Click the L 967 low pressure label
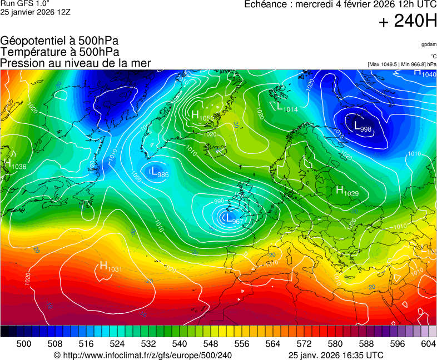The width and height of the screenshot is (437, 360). (233, 219)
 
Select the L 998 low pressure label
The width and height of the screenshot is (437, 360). (362, 127)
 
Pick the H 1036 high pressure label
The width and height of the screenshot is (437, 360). (14, 165)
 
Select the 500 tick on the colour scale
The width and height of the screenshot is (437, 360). (24, 344)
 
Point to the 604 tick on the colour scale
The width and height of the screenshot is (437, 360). (428, 344)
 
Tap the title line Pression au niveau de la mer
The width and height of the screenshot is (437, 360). (76, 63)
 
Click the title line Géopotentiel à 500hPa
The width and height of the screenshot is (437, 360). (59, 41)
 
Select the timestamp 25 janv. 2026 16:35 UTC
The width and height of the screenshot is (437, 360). (336, 355)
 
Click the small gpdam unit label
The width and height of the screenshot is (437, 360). (429, 44)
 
